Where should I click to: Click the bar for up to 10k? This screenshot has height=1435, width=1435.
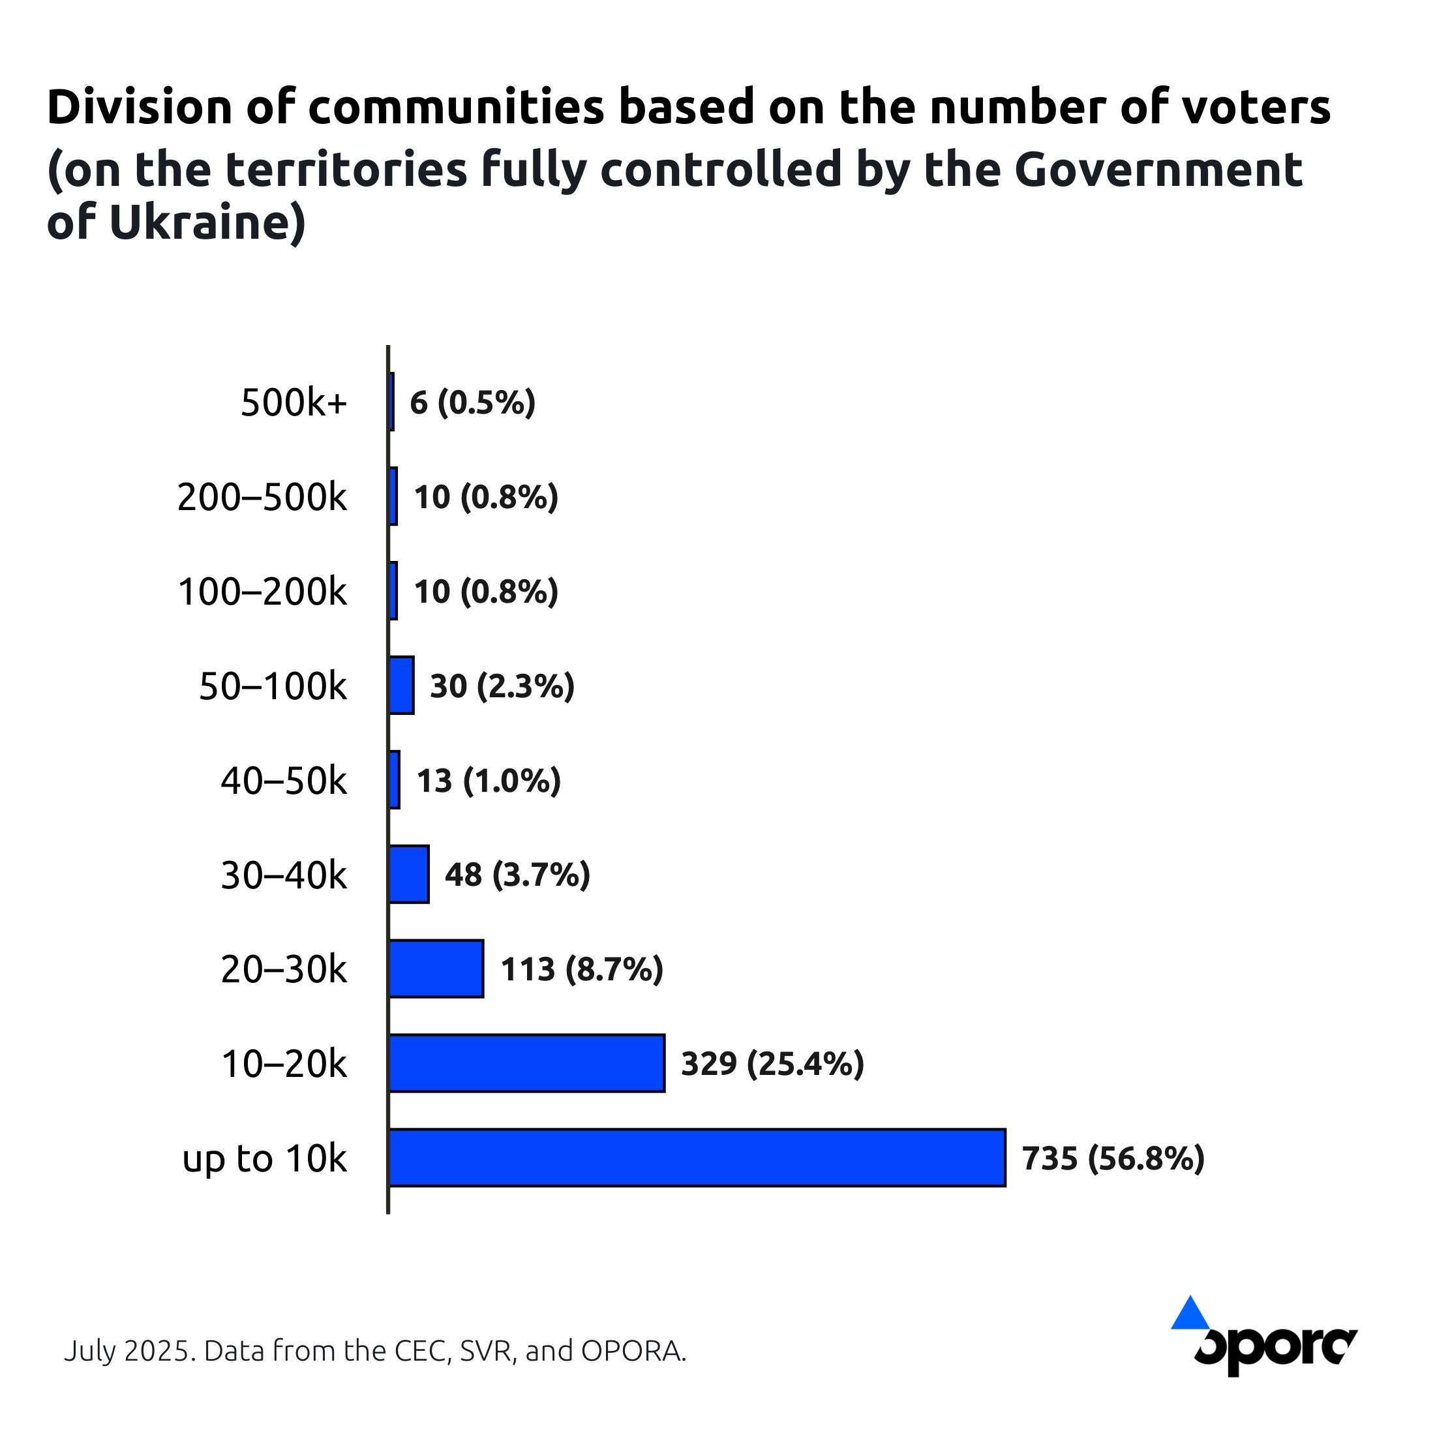coord(697,1157)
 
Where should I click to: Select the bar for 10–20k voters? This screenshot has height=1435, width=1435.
coord(526,1063)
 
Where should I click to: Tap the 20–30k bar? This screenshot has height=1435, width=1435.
coord(436,969)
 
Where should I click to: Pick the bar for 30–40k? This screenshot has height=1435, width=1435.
coord(408,874)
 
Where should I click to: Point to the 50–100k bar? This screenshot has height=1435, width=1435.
coord(401,685)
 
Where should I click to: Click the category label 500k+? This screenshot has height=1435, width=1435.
coord(294,402)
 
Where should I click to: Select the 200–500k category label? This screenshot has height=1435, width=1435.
coord(262,497)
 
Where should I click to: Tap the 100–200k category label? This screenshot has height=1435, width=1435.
coord(262,592)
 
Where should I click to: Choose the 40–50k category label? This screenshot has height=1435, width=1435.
coord(284,781)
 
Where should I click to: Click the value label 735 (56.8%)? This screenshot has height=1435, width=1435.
coord(1113,1158)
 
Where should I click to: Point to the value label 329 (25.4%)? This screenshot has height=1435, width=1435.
coord(772,1064)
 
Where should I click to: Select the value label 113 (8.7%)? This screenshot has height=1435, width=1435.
coord(582,969)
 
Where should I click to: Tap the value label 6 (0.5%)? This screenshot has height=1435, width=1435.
coord(472,402)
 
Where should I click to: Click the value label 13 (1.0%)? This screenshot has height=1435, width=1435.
coord(488,781)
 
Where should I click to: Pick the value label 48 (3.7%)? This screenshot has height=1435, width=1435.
coord(517,875)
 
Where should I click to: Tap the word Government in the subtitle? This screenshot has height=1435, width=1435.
coord(1158,168)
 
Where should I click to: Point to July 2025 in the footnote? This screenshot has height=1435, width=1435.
coord(130,1350)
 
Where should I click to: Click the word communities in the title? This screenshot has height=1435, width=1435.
coord(456,106)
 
